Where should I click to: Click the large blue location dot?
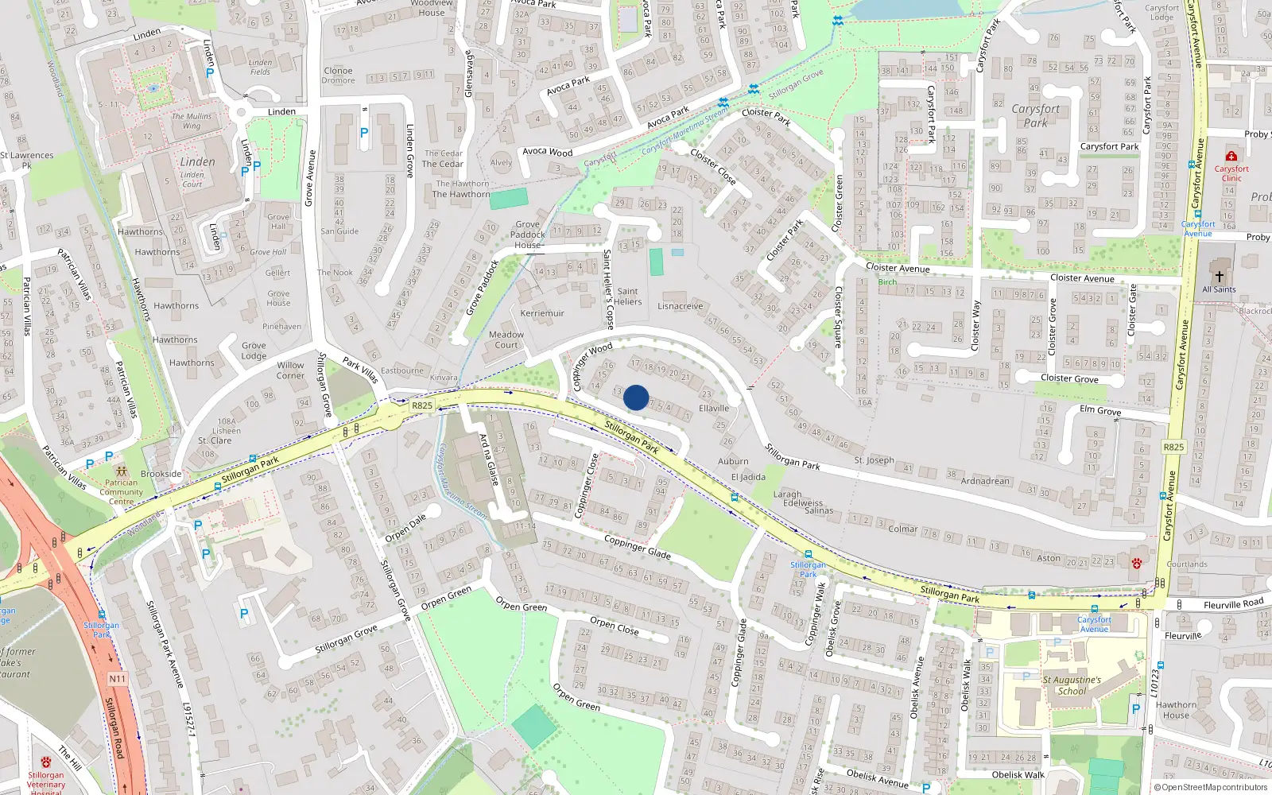tap(636, 397)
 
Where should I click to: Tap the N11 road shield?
tap(118, 679)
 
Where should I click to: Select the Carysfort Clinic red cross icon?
tap(1231, 156)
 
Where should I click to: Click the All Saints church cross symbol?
tap(1219, 277)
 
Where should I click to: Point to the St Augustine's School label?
tap(1072, 685)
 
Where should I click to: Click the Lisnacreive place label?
tap(681, 306)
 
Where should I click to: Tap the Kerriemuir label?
tap(542, 313)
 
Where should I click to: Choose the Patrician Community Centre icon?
tap(121, 471)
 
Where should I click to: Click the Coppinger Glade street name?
tap(637, 546)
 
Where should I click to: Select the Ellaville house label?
tap(713, 409)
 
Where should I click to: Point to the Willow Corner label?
tap(290, 370)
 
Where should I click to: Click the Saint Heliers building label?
tap(627, 297)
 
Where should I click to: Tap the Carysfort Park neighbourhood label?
tap(1035, 116)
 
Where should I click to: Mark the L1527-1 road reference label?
tap(189, 720)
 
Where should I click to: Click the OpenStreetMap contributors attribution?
tap(1211, 787)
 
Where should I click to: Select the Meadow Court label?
tap(506, 339)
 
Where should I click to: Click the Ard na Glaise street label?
tap(488, 460)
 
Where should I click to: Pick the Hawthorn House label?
tap(1176, 709)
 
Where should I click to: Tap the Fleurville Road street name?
tap(1233, 604)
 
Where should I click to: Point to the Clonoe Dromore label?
tap(338, 76)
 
